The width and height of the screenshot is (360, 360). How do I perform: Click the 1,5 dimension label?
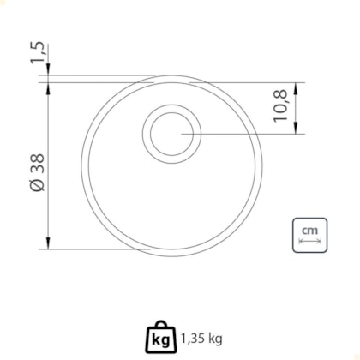pos(38,52)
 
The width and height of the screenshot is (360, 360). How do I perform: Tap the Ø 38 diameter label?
pos(37,172)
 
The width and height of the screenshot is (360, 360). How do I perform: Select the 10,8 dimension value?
pos(280,105)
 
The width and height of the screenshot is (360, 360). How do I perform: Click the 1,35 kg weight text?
pos(201,339)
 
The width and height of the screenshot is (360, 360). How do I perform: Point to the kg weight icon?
pos(161,337)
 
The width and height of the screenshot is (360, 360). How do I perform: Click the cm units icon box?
pos(309,235)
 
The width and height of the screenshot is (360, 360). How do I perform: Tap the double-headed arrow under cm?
pos(309,242)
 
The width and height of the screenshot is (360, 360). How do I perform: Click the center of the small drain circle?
pos(171,134)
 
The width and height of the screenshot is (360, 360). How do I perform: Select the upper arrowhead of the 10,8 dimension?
pos(296,88)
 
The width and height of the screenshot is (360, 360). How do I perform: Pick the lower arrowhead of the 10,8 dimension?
pos(296,128)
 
